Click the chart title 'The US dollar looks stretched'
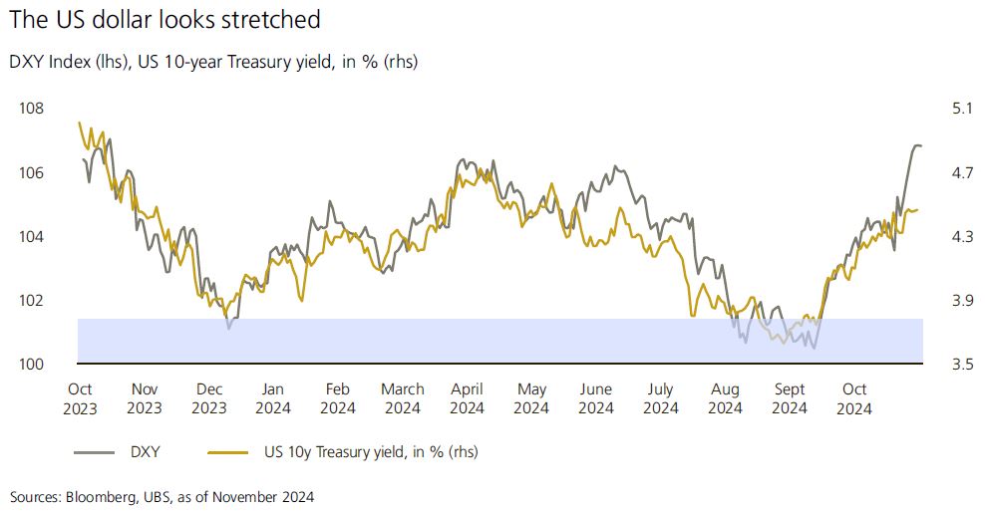[x=166, y=18]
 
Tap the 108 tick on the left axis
[x=31, y=109]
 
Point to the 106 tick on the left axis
[x=31, y=173]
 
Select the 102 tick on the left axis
[x=31, y=301]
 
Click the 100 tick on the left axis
[x=31, y=365]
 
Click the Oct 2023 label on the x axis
[x=80, y=397]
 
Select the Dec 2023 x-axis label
[x=208, y=397]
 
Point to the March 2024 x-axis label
[x=402, y=397]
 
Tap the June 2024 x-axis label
[x=595, y=397]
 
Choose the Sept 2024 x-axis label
[x=789, y=397]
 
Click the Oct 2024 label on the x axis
[x=854, y=397]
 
